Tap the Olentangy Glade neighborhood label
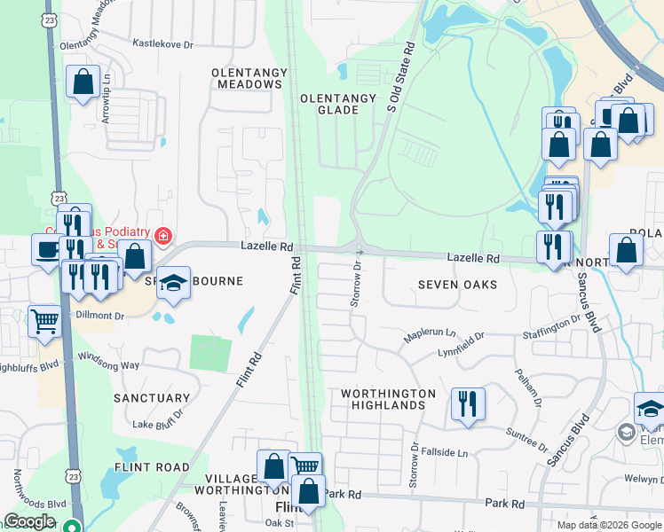[x=328, y=104]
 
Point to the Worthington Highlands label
[x=389, y=399]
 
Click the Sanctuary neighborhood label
[x=152, y=399]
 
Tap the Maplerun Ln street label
[x=430, y=335]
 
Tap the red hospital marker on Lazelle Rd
[x=163, y=236]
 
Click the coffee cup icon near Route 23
[x=45, y=249]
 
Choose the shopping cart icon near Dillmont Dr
[x=43, y=320]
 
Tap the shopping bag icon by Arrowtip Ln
[x=83, y=82]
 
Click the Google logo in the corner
[x=29, y=521]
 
